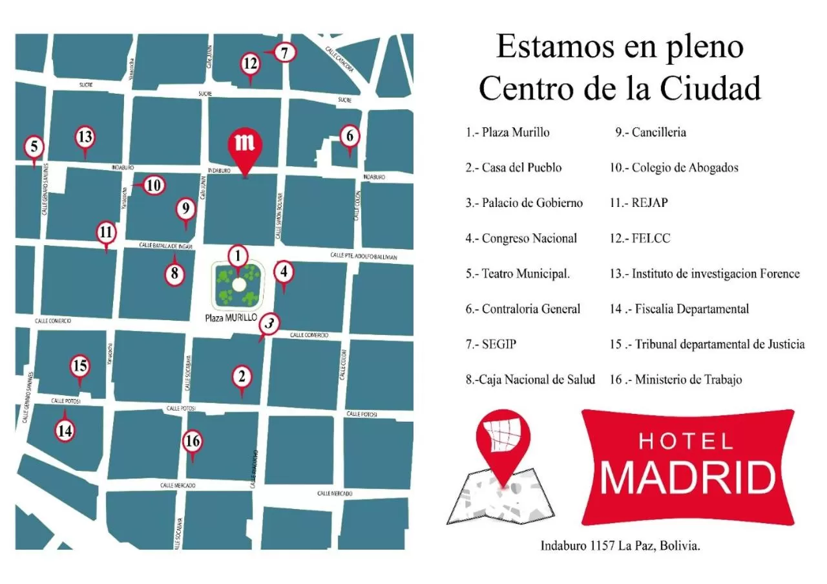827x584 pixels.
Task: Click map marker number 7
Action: point(285,52)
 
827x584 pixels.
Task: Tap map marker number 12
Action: point(251,64)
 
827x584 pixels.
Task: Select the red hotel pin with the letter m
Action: point(246,146)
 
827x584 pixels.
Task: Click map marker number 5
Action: point(34,147)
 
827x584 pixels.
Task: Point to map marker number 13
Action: point(85,137)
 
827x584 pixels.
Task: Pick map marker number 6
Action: point(350,136)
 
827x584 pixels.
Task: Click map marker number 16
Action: point(193,442)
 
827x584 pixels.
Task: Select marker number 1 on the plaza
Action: point(238,257)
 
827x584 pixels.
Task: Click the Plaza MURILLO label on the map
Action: point(231,318)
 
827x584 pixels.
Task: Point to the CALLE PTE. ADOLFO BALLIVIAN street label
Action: point(363,256)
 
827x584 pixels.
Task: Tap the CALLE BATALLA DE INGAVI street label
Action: point(166,246)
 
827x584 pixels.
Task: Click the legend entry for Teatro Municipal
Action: point(518,274)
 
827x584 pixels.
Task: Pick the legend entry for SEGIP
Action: point(491,345)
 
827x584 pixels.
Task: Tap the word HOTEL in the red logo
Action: point(686,442)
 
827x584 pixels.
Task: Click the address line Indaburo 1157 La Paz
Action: point(620,546)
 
